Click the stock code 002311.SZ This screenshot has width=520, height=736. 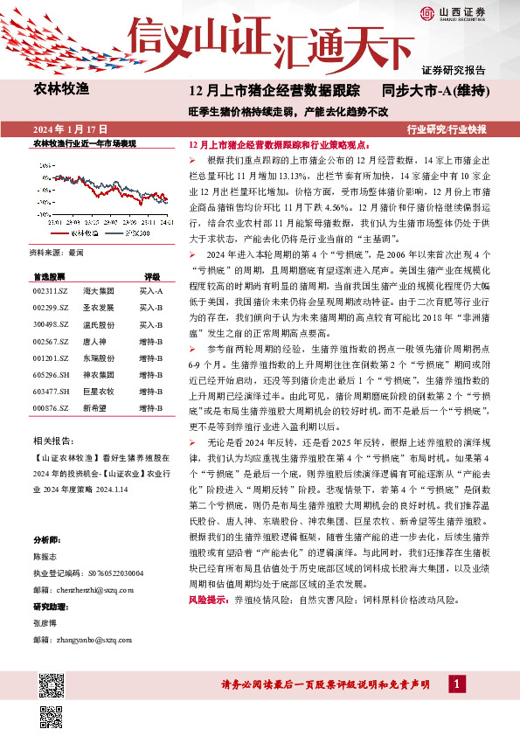pyautogui.click(x=51, y=289)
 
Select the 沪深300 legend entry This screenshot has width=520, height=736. pyautogui.click(x=135, y=233)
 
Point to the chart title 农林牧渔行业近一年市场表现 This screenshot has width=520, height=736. pyautogui.click(x=84, y=142)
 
